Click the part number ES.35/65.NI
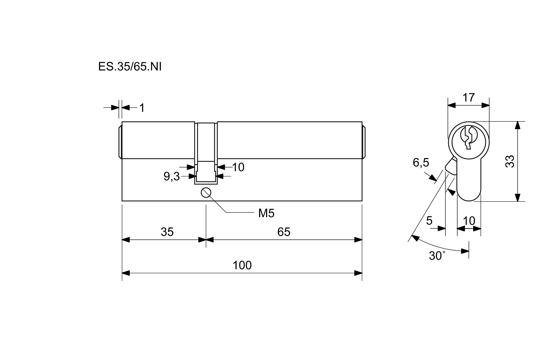tap(130, 67)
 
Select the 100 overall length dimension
tap(242, 265)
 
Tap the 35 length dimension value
tap(167, 232)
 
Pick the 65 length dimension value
tap(284, 232)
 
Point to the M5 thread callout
tap(266, 214)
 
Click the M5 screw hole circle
tap(206, 192)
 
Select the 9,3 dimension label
tap(172, 176)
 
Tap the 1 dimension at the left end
tap(142, 108)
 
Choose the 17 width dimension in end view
tap(469, 98)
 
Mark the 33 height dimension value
tap(510, 161)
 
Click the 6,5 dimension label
tap(421, 163)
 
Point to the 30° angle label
tap(437, 256)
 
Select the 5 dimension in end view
tap(429, 221)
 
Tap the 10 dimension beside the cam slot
tap(238, 167)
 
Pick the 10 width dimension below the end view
tap(469, 221)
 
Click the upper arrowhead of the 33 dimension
tap(517, 125)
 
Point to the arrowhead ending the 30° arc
tap(465, 251)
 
